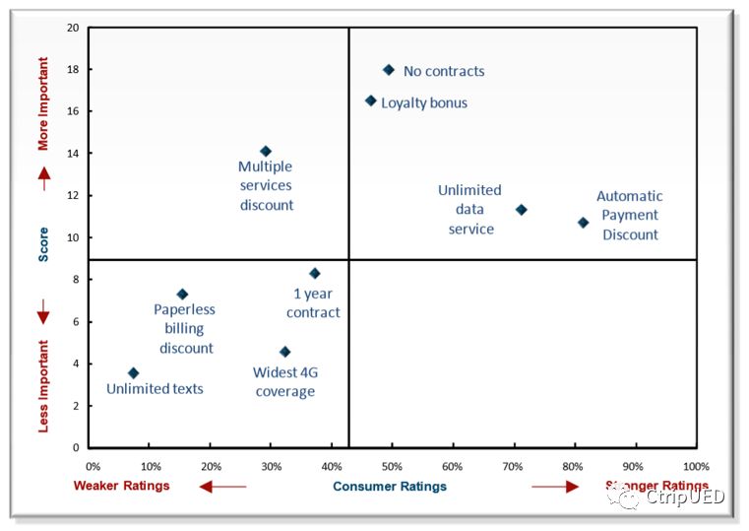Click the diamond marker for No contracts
tap(389, 70)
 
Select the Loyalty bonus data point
tap(371, 100)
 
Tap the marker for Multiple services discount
tap(265, 151)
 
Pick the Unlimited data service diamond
tap(522, 210)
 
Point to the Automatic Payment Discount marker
tap(583, 223)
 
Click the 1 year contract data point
tap(315, 273)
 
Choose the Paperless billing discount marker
tap(182, 294)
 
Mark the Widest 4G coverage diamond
tap(284, 352)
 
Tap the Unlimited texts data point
tap(134, 373)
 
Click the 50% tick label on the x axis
tap(392, 466)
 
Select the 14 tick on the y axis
tap(73, 154)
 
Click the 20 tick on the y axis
tap(73, 28)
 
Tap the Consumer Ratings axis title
tap(390, 486)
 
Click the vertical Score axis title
tap(43, 245)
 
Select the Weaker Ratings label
tap(122, 486)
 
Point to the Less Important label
tap(43, 383)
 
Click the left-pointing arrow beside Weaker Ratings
tap(222, 486)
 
